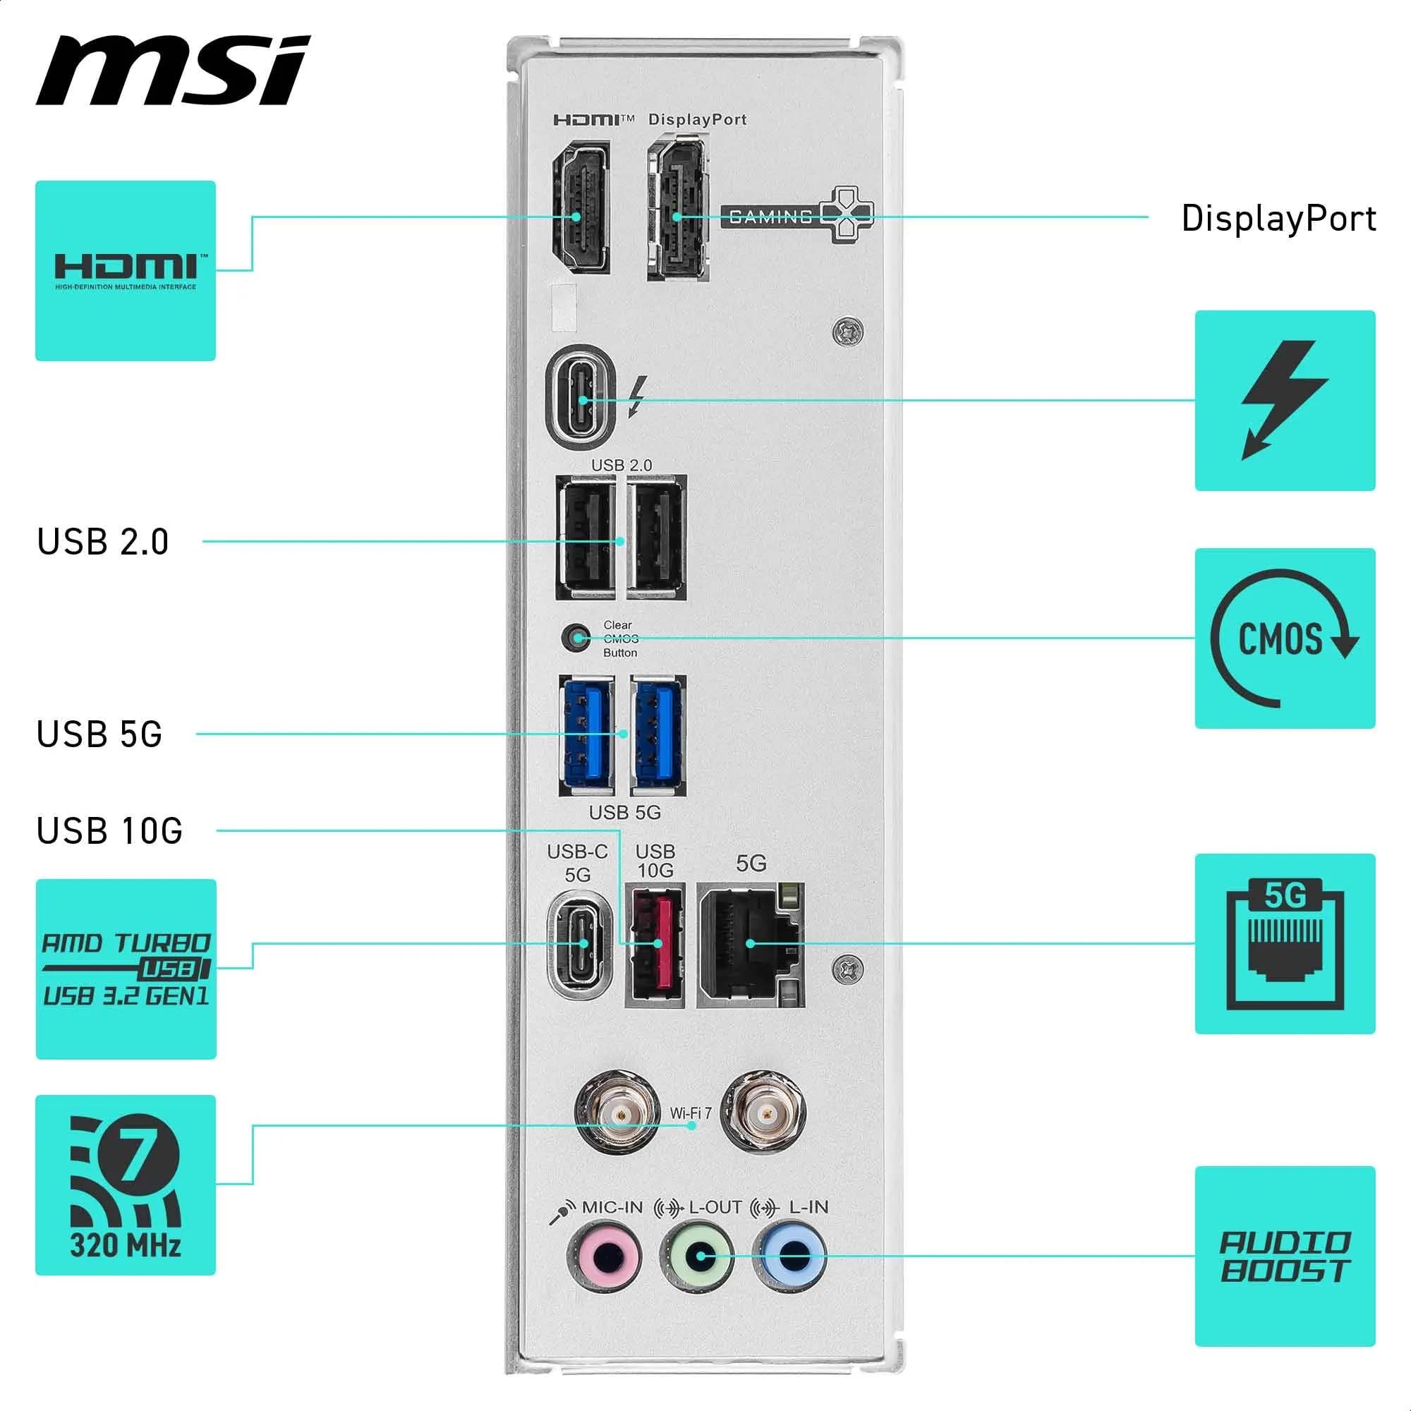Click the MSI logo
click(x=173, y=71)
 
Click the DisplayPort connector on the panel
click(x=678, y=209)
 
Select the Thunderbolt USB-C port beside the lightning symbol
click(x=581, y=396)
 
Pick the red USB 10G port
click(x=655, y=945)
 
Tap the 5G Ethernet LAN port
click(x=751, y=945)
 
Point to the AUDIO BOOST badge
click(x=1285, y=1256)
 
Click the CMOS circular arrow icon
click(x=1285, y=638)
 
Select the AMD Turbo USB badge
click(x=126, y=969)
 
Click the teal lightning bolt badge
click(x=1285, y=400)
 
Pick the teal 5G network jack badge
click(x=1285, y=943)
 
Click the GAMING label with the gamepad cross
click(x=796, y=215)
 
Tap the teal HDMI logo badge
click(x=126, y=270)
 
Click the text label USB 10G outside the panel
click(x=109, y=831)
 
